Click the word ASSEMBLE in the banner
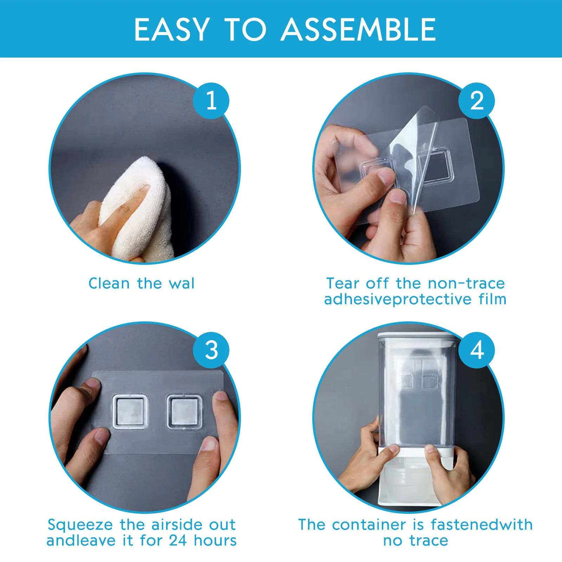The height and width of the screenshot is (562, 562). click(x=358, y=30)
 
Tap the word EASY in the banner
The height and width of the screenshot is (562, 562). click(x=172, y=30)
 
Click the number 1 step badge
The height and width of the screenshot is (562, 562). click(x=211, y=101)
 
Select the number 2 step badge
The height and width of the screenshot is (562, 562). click(x=477, y=101)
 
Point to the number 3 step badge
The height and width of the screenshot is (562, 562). click(x=211, y=350)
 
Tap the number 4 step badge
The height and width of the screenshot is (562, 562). click(x=477, y=350)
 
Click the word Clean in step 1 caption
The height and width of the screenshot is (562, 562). click(x=109, y=283)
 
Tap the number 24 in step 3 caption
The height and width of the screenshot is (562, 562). click(x=178, y=541)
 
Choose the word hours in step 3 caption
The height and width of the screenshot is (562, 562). click(x=216, y=541)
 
